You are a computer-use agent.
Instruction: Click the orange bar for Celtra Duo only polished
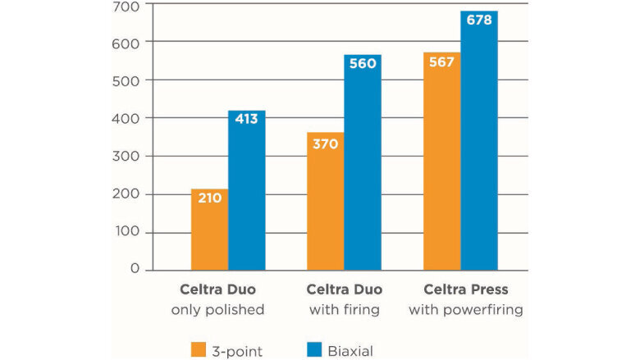point(209,230)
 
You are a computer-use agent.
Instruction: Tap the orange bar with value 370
point(325,201)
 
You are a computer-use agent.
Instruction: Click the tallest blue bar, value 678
point(478,140)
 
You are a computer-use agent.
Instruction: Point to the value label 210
point(209,198)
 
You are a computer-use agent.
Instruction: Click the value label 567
point(441,62)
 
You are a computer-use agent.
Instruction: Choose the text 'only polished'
point(217,311)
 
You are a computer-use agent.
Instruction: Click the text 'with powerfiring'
point(466,311)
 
